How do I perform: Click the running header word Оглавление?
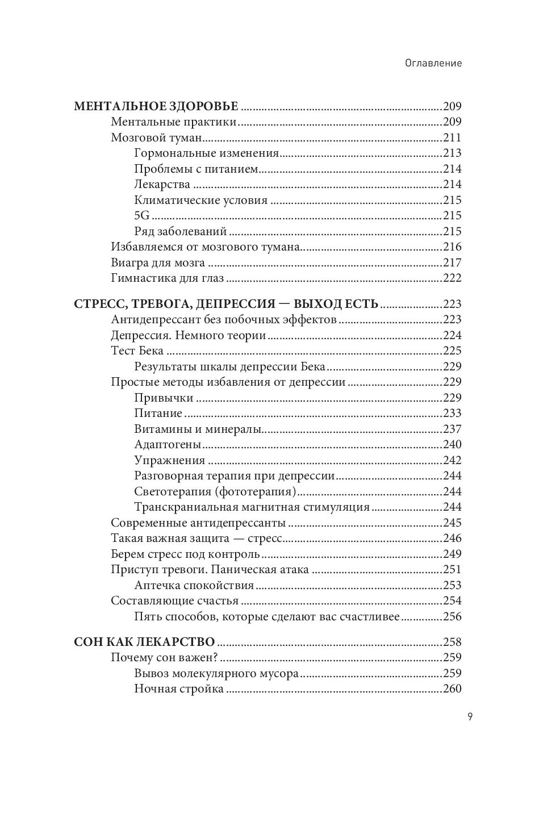433,63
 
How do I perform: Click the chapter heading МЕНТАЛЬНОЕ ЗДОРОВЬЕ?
156,106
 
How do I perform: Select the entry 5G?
142,216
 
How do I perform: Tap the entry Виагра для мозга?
158,262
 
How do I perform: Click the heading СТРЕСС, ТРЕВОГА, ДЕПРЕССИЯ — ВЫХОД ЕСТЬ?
226,304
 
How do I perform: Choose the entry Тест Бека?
137,351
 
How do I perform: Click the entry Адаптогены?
168,444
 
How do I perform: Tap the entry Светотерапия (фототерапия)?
216,491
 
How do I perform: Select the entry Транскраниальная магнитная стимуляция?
252,507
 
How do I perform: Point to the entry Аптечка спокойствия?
194,585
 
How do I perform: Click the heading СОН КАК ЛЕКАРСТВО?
145,642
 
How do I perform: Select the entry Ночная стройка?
179,689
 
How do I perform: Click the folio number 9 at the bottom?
470,716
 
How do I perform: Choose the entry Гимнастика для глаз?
168,278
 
